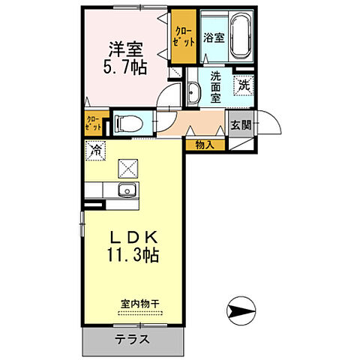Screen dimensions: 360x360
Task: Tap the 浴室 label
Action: click(x=213, y=36)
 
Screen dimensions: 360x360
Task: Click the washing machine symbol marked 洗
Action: click(x=243, y=85)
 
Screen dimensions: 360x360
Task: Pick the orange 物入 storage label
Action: click(x=204, y=144)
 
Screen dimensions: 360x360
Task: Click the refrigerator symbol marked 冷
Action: click(x=95, y=151)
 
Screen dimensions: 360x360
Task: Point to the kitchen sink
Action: click(x=125, y=189)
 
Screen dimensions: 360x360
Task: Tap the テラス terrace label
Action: click(x=132, y=339)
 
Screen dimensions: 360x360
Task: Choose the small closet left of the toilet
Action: click(x=93, y=123)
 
